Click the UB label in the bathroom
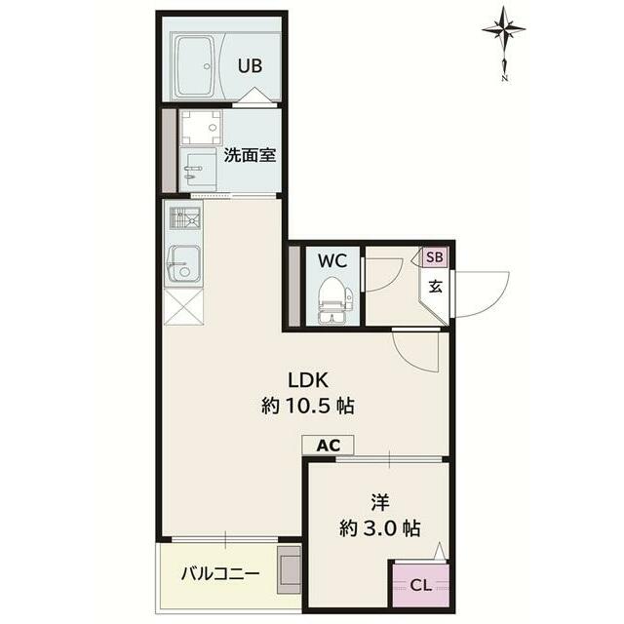pos(250,65)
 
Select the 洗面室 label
pos(250,155)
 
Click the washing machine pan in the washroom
pos(201,128)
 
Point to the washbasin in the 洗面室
pos(198,170)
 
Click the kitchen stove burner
pos(185,218)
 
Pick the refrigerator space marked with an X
pos(184,307)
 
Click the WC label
pos(332,261)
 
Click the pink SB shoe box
pos(435,257)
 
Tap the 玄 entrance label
pos(436,287)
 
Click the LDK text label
pos(308,381)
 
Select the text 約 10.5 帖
pos(308,407)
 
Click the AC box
pos(328,446)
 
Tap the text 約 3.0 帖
pos(379,528)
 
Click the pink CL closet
pos(421,585)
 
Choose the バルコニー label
pos(220,574)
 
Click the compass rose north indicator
pos(504,43)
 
